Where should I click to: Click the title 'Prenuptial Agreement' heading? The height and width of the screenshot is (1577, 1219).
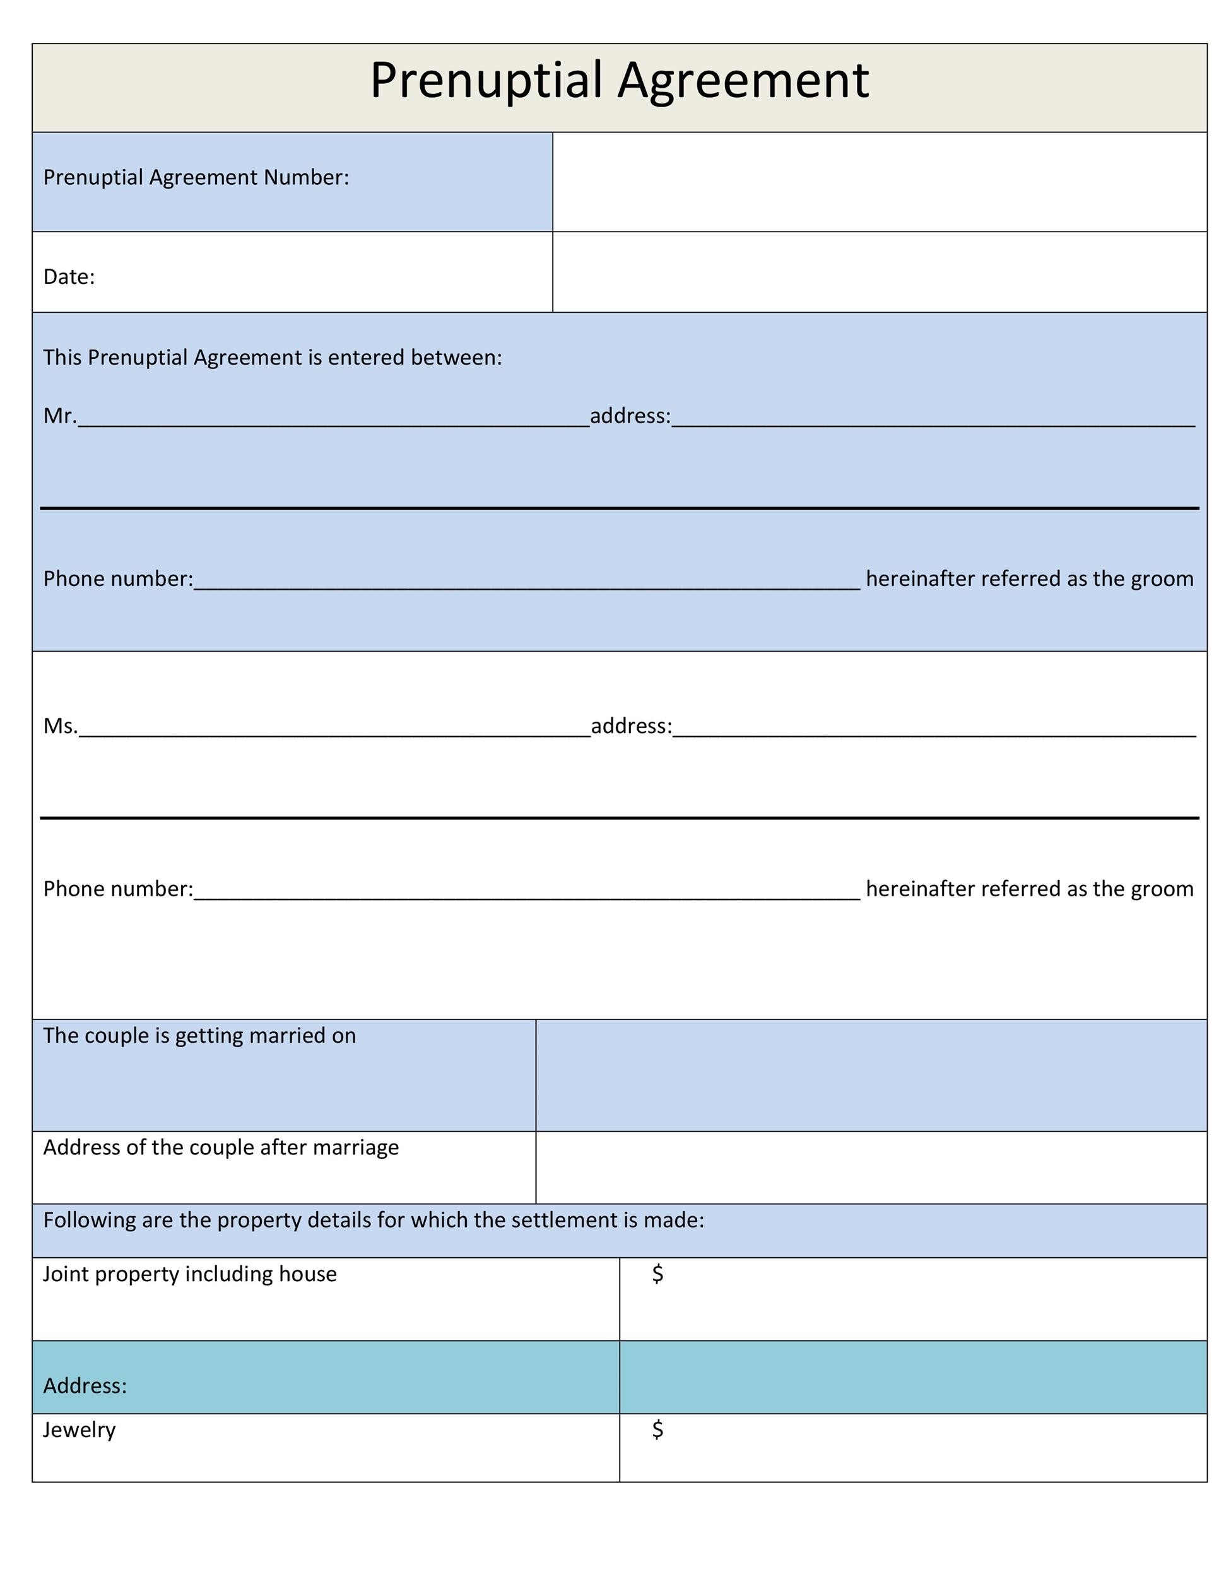click(x=619, y=79)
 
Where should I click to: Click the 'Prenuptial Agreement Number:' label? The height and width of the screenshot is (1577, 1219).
click(x=196, y=178)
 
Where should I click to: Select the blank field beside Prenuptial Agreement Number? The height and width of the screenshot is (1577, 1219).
click(x=879, y=182)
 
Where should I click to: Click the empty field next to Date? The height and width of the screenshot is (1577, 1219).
click(x=879, y=273)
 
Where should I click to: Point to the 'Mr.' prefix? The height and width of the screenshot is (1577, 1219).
click(x=59, y=416)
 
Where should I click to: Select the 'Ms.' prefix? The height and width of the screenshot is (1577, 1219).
click(x=59, y=725)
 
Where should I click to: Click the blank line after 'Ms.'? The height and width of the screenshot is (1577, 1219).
click(x=334, y=730)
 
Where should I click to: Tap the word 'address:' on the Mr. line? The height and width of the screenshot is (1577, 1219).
click(x=630, y=416)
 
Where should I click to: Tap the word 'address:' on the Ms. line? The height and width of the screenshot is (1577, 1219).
click(x=630, y=725)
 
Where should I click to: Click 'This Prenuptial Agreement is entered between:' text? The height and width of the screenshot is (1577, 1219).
click(x=272, y=358)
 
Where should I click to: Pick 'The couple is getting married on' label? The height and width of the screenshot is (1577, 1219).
click(x=199, y=1035)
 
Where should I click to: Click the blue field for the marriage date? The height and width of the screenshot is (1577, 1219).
click(x=870, y=1075)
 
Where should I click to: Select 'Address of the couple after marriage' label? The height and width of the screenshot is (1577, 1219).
click(x=220, y=1147)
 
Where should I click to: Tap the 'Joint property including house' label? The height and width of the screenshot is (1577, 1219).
click(x=190, y=1274)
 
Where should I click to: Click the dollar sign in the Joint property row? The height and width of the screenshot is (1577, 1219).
click(x=657, y=1274)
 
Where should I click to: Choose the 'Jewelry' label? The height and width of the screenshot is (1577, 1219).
click(x=79, y=1429)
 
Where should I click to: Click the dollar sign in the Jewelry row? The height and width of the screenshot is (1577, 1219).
click(x=657, y=1429)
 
